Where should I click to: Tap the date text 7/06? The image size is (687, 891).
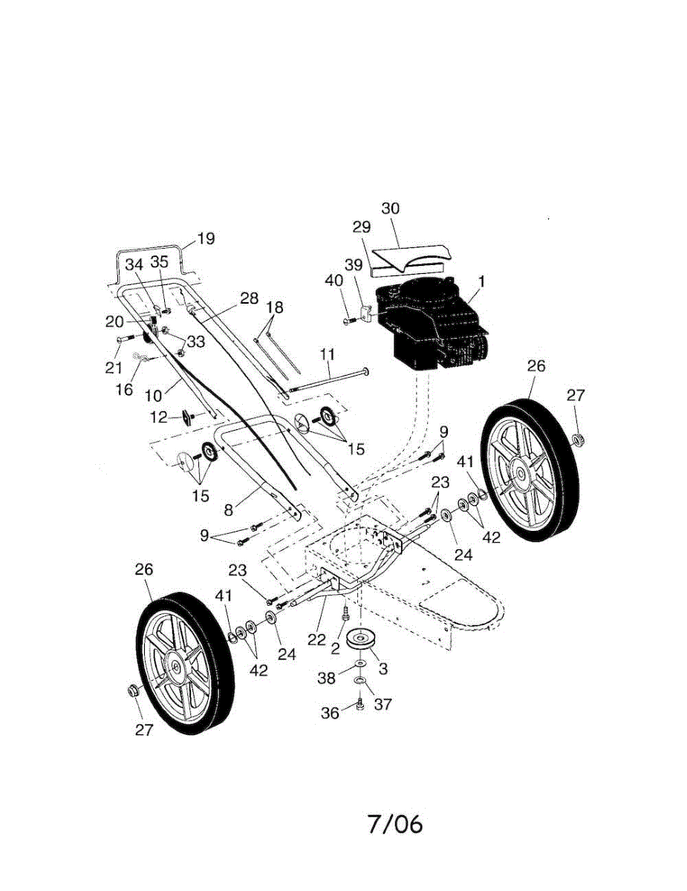coord(394,824)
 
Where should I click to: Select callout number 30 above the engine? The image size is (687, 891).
coord(391,209)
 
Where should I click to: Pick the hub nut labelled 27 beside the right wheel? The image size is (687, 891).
coord(580,440)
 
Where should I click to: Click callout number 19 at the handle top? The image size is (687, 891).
coord(206,239)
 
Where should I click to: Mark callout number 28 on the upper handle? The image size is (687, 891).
coord(249,298)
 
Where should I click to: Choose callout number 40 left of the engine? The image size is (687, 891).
coord(334,281)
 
